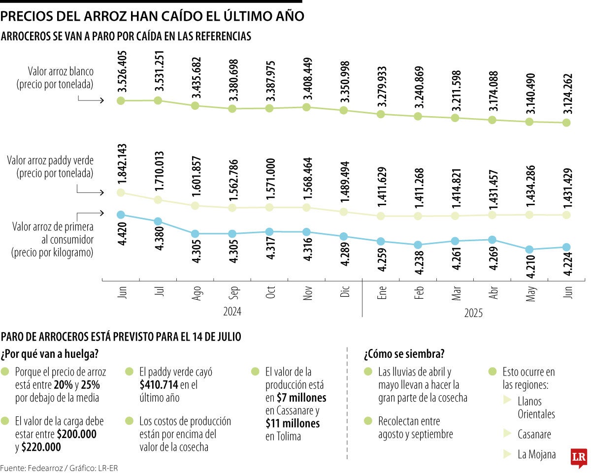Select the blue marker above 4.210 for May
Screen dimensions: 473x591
529,250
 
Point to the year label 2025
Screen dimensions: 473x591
474,313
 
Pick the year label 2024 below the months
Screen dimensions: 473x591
232,312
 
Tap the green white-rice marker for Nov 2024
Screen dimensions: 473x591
307,107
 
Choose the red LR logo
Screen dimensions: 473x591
578,458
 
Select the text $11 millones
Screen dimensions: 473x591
293,423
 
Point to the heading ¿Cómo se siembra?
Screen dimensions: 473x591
404,354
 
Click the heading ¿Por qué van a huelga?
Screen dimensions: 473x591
49,354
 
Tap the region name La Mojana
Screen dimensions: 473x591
537,454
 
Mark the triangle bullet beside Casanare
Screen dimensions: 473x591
507,434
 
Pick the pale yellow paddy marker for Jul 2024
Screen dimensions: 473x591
158,199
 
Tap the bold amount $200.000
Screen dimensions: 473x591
77,435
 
